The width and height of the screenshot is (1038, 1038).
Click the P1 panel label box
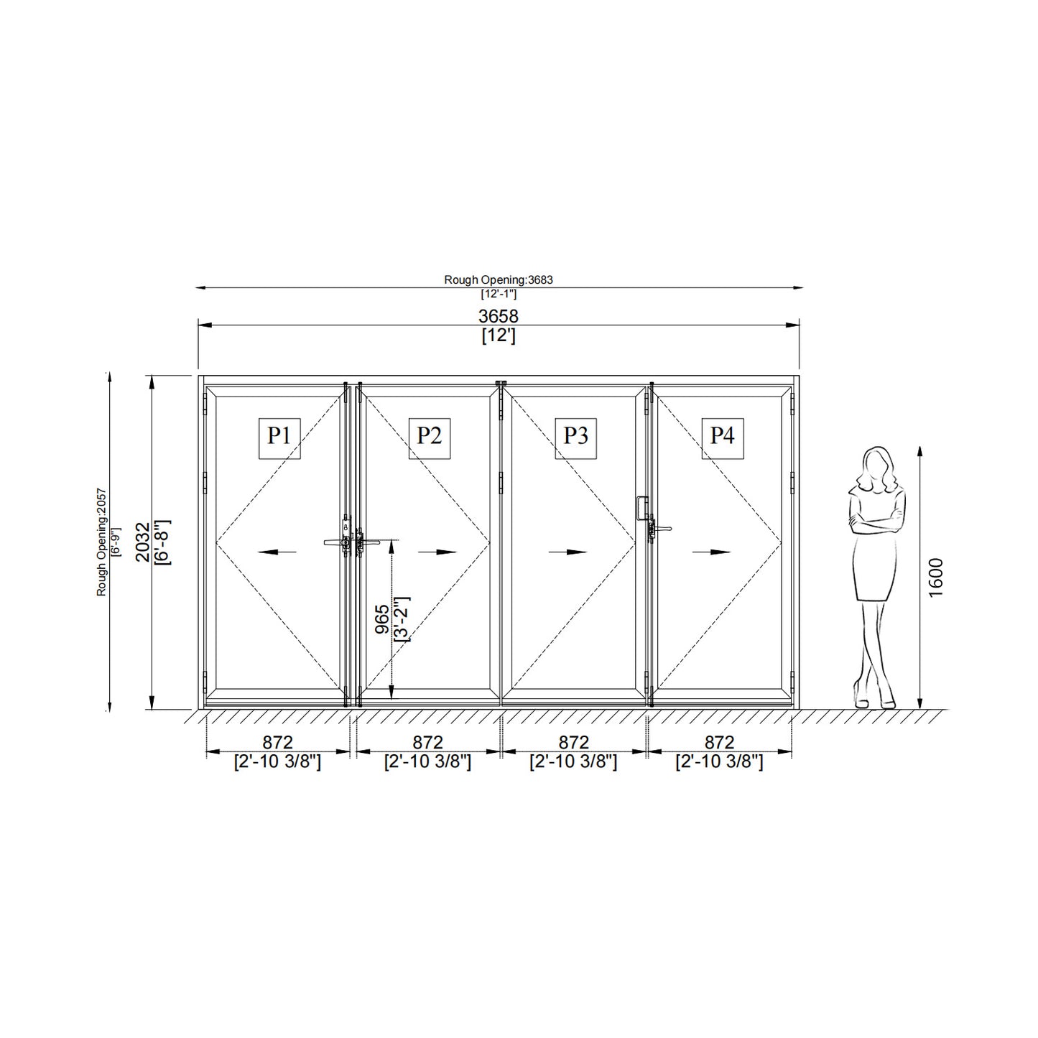click(279, 437)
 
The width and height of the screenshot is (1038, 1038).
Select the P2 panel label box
click(430, 437)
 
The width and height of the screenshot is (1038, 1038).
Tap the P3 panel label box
click(575, 437)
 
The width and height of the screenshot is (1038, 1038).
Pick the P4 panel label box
click(722, 437)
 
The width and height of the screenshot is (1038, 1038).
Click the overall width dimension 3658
click(498, 316)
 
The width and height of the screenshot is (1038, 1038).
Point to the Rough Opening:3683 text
click(498, 280)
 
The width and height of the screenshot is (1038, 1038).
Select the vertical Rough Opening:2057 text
click(101, 542)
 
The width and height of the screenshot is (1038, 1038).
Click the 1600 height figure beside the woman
click(935, 577)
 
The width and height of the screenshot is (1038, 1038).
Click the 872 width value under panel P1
click(277, 742)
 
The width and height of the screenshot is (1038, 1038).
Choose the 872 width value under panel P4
click(719, 742)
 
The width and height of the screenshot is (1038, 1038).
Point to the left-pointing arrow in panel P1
click(277, 552)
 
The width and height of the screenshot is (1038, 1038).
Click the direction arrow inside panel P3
click(567, 552)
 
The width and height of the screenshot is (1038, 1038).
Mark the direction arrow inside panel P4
click(712, 552)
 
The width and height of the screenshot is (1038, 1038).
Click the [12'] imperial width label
click(498, 335)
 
